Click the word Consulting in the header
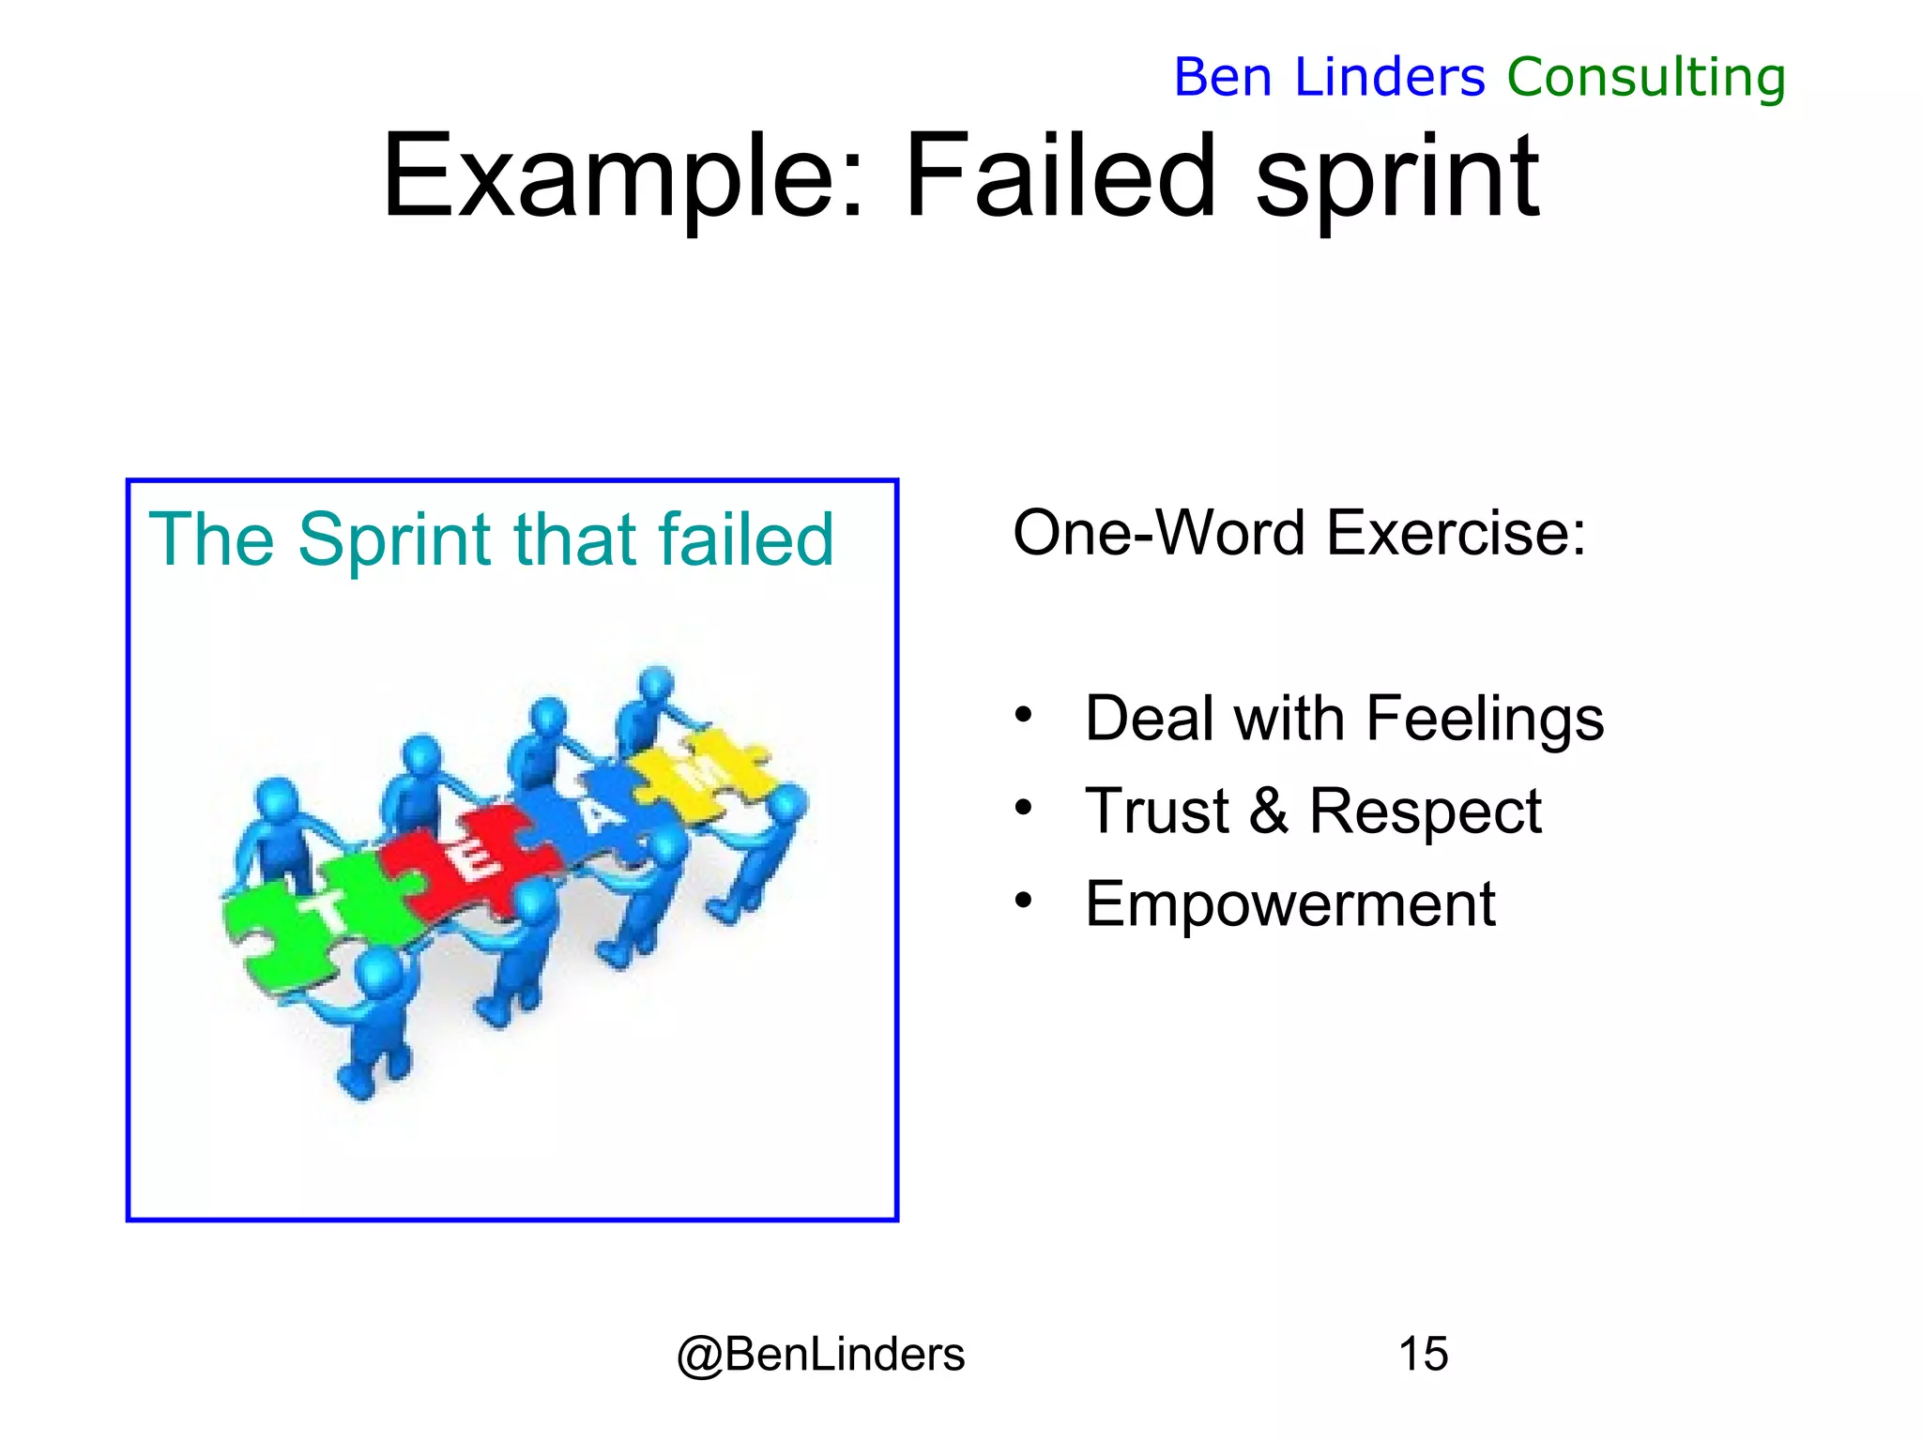pyautogui.click(x=1646, y=77)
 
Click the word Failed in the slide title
pyautogui.click(x=1060, y=175)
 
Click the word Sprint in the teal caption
pyautogui.click(x=394, y=540)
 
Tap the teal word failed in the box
pyautogui.click(x=746, y=540)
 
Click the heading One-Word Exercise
pyautogui.click(x=1299, y=533)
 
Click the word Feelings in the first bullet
pyautogui.click(x=1485, y=720)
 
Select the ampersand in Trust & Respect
pyautogui.click(x=1269, y=811)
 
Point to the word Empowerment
pyautogui.click(x=1289, y=904)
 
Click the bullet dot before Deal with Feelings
pyautogui.click(x=1023, y=716)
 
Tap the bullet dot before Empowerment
pyautogui.click(x=1023, y=902)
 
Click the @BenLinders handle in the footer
pyautogui.click(x=820, y=1355)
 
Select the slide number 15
pyautogui.click(x=1423, y=1355)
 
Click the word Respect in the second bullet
pyautogui.click(x=1425, y=811)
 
